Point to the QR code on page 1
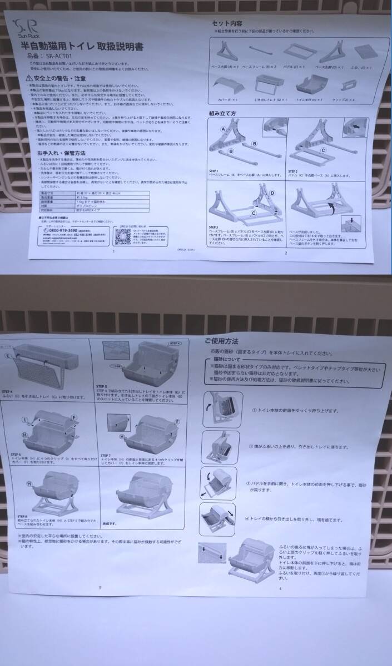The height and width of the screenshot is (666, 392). (x=123, y=236)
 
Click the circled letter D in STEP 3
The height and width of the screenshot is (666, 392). (x=272, y=192)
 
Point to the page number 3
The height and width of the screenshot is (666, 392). (x=99, y=587)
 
